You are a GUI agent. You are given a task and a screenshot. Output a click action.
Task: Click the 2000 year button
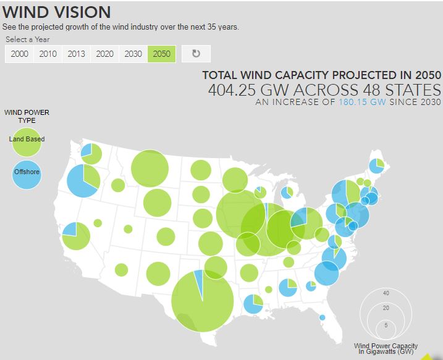[x=20, y=54]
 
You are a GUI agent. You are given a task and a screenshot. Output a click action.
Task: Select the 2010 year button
[x=48, y=54]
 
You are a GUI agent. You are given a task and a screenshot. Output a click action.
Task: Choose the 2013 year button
[x=76, y=54]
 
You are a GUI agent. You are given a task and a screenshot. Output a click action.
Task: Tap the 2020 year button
[x=104, y=54]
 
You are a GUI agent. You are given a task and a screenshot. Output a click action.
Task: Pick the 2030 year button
[x=133, y=54]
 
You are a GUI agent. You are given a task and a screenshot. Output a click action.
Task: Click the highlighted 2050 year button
[x=161, y=54]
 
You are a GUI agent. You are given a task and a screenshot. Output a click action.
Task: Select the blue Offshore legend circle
[x=27, y=172]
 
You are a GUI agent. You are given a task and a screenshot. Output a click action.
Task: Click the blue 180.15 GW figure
[x=362, y=102]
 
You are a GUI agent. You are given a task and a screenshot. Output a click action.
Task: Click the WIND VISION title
[x=57, y=12]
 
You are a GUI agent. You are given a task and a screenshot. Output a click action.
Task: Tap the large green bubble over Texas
[x=202, y=301]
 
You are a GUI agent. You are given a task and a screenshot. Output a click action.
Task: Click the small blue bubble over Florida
[x=322, y=318]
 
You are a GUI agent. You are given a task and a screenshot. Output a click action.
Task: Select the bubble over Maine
[x=377, y=166]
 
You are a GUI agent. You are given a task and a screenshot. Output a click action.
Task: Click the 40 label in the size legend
[x=386, y=293]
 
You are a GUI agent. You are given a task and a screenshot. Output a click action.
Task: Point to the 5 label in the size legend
[x=386, y=325]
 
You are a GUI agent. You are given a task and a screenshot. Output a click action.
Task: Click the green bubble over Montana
[x=150, y=168]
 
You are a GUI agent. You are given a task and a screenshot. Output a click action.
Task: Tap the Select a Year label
[x=28, y=40]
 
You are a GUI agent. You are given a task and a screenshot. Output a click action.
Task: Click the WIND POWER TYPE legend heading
[x=27, y=116]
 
